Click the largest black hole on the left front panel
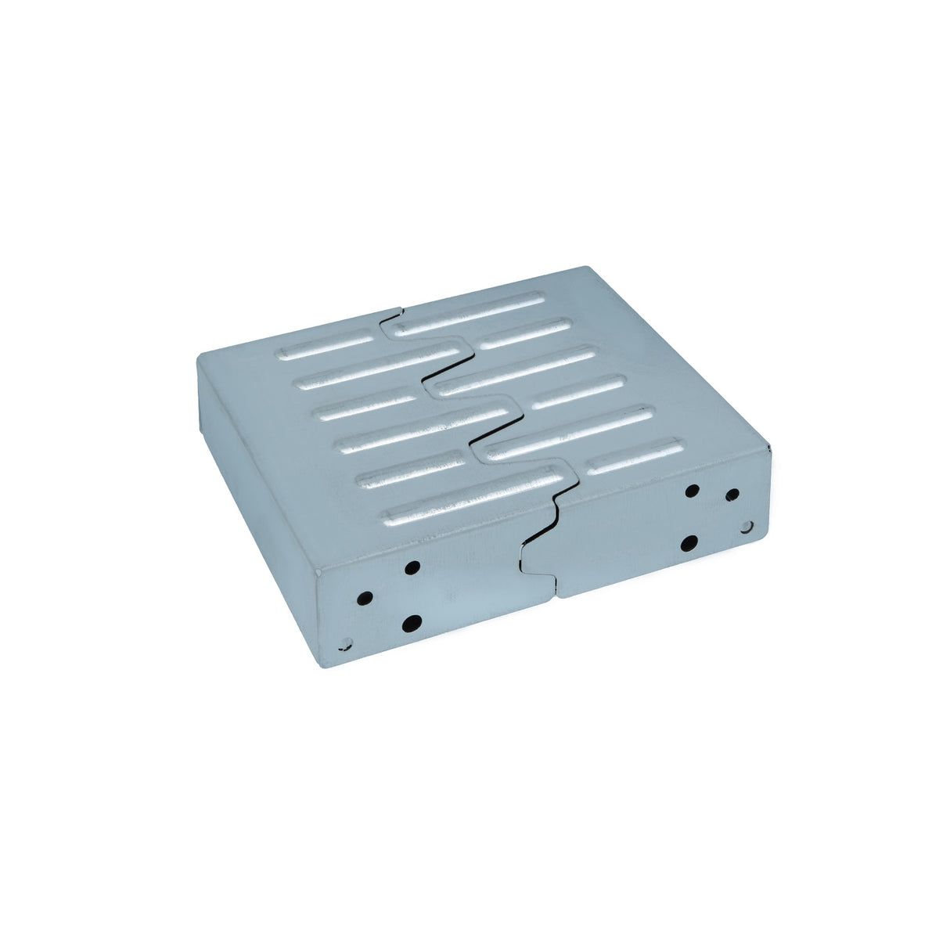pyautogui.click(x=412, y=623)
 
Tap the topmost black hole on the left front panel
pyautogui.click(x=412, y=566)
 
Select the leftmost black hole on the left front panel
pyautogui.click(x=365, y=598)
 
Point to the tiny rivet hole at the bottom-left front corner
pyautogui.click(x=343, y=646)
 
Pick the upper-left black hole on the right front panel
pyautogui.click(x=692, y=491)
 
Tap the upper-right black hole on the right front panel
pyautogui.click(x=732, y=495)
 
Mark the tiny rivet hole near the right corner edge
pyautogui.click(x=747, y=527)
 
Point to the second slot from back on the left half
pyautogui.click(x=376, y=369)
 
